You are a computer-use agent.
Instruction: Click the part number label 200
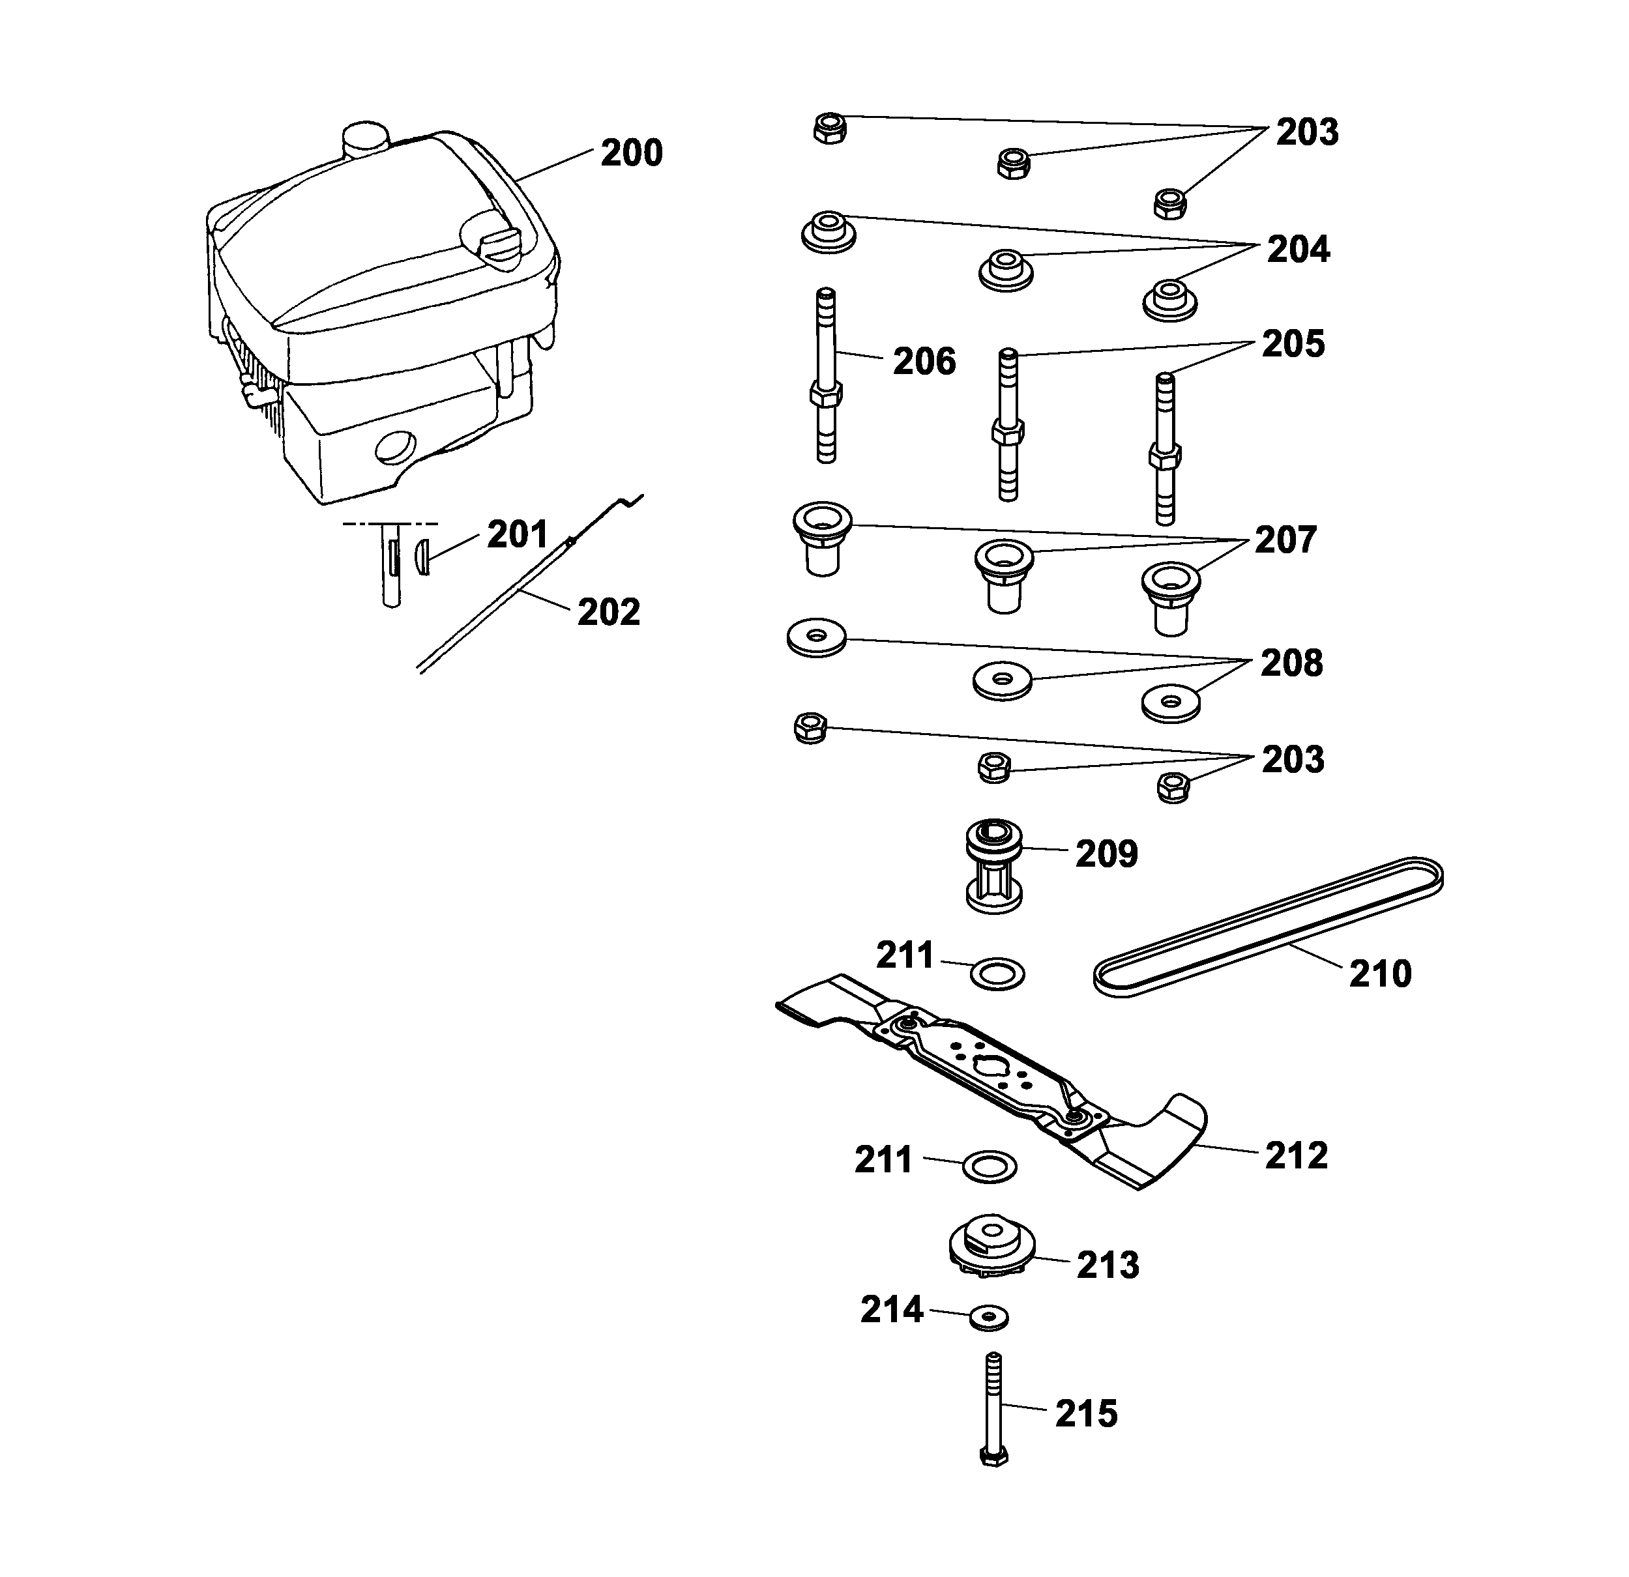tap(632, 154)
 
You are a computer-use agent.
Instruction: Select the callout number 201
tap(518, 535)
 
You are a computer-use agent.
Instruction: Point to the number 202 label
tap(608, 613)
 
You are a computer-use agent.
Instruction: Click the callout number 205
tap(1293, 345)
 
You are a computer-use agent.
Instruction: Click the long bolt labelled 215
tap(994, 1409)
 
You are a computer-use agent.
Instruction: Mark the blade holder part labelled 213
tap(991, 1247)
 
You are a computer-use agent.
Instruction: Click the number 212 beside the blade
tap(1297, 1156)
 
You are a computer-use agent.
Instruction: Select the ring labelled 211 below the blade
tap(989, 1166)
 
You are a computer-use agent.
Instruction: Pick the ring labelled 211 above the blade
tap(997, 973)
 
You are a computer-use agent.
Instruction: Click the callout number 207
tap(1285, 541)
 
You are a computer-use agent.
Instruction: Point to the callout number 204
tap(1299, 250)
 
